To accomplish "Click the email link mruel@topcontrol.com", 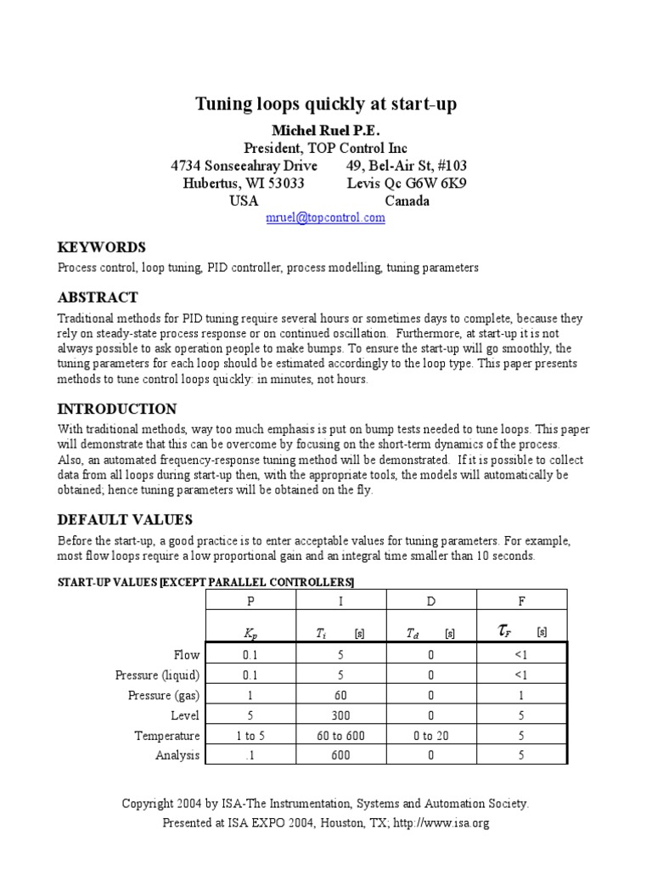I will (x=326, y=217).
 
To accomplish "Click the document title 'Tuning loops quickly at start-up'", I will (x=326, y=105).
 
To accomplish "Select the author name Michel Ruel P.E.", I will (x=326, y=130).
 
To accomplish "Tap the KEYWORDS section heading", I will (x=101, y=247).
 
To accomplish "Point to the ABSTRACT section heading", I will (x=97, y=298).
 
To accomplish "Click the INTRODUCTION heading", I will (x=116, y=409).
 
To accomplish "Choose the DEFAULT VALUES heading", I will (x=124, y=519).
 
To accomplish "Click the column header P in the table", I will (x=250, y=602).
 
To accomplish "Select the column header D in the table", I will (x=431, y=602).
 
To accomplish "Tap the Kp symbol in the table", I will (x=250, y=633).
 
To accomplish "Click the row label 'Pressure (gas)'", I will (x=158, y=695).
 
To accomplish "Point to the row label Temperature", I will (x=167, y=736).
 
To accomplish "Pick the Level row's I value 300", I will (x=340, y=715).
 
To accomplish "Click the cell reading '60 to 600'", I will (x=340, y=736).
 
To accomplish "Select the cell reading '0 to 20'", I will (x=431, y=736).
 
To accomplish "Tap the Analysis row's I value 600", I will (x=340, y=755).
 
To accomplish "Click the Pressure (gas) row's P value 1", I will (x=250, y=695).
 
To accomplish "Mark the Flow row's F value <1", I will (x=521, y=655).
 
